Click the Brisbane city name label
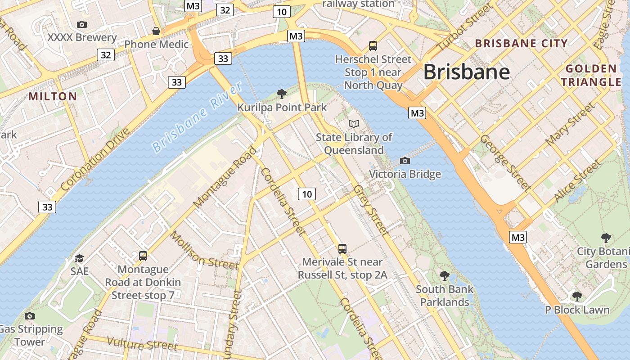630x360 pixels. [467, 72]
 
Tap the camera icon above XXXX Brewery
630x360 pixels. [82, 24]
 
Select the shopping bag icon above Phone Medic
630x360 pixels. [156, 31]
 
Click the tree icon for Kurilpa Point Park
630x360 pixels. [282, 94]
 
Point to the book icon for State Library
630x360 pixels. [354, 124]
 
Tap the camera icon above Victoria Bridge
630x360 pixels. [405, 161]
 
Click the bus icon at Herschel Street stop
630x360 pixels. [373, 45]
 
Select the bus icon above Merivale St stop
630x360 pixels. [342, 248]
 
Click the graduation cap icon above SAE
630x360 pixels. [80, 258]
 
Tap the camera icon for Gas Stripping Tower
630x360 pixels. [30, 316]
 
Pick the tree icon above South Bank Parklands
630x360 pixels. [445, 275]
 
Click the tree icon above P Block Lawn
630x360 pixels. [577, 296]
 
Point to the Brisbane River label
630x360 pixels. [197, 117]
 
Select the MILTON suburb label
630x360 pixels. [53, 96]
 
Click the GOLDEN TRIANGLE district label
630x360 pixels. [591, 76]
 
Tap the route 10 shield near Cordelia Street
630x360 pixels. [306, 194]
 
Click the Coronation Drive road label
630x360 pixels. [95, 159]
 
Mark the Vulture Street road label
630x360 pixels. [142, 344]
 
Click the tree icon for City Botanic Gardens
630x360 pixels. [606, 238]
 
